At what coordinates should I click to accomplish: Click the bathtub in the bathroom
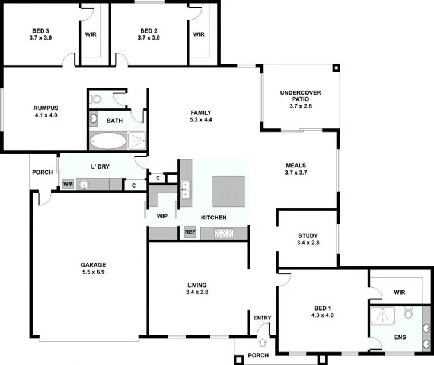pos(107,141)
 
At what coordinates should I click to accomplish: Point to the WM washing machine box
pos(68,185)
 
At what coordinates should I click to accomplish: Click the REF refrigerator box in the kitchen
pos(190,232)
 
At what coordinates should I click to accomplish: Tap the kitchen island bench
pos(228,190)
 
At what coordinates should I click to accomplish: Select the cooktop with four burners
pos(223,233)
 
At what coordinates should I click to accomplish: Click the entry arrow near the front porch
pos(263,342)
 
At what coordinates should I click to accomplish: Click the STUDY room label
pos(308,235)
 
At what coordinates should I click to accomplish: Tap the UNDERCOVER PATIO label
pos(301,96)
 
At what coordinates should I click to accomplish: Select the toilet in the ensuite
pos(408,312)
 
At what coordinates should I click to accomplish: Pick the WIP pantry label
pos(162,217)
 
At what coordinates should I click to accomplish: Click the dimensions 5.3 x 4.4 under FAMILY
pos(200,120)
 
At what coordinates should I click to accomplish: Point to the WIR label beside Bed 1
pos(399,292)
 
